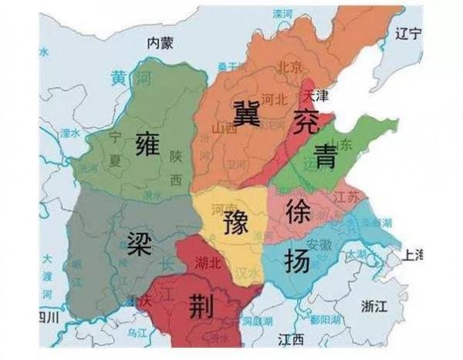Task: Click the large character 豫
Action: [x=235, y=224]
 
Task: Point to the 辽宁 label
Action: [x=406, y=35]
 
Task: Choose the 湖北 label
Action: [x=209, y=264]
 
